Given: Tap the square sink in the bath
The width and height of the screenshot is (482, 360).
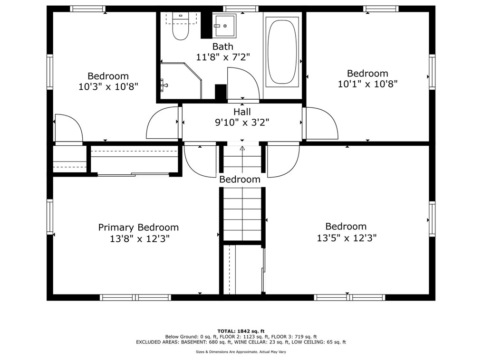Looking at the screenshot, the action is click(224, 26).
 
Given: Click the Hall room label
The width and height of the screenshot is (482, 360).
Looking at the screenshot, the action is click(242, 112).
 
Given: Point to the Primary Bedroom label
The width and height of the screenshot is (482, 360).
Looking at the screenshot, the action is click(138, 227).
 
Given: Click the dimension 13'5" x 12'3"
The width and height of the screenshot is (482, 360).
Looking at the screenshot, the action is click(347, 238).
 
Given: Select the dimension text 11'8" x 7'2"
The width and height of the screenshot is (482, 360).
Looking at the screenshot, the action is click(223, 57).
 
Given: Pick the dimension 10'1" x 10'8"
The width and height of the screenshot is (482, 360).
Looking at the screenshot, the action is click(367, 84).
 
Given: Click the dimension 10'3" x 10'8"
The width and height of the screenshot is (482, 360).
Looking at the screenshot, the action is click(108, 86).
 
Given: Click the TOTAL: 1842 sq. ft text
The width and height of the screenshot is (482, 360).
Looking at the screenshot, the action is click(241, 331).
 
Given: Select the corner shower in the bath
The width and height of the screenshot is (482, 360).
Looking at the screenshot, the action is click(181, 80).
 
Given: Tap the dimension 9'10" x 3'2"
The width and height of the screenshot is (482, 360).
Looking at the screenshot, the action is click(242, 123).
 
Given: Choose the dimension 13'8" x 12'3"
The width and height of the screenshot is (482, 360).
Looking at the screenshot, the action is click(140, 239).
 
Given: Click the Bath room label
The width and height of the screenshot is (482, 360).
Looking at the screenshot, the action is click(223, 47).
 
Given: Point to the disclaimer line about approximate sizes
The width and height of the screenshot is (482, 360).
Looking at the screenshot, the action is click(241, 352).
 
